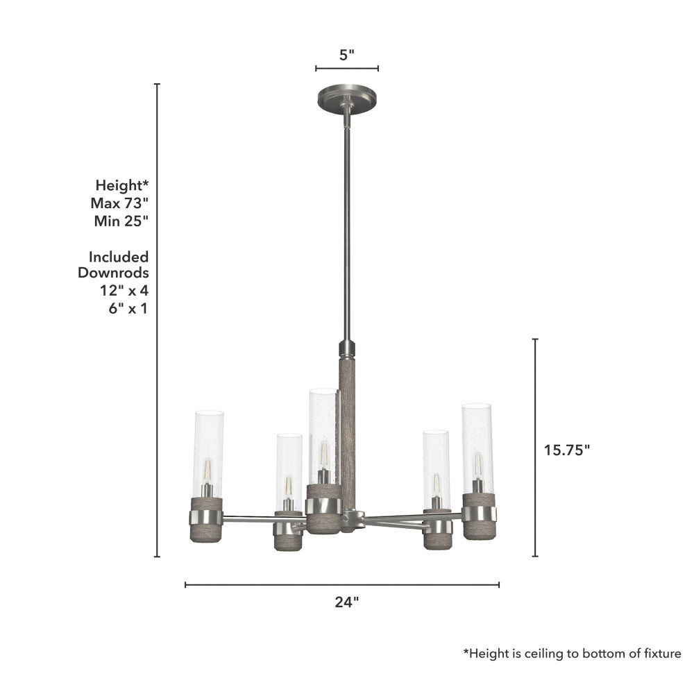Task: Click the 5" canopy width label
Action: [x=346, y=55]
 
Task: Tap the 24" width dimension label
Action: [x=346, y=602]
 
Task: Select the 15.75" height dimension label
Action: [x=566, y=450]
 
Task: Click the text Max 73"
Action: [x=119, y=203]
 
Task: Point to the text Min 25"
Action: [x=121, y=221]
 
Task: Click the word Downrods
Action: [x=113, y=273]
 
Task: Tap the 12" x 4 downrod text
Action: [x=124, y=290]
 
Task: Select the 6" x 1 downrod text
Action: [x=128, y=308]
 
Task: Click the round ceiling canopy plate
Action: [x=347, y=99]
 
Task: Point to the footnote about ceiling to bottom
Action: [x=573, y=654]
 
